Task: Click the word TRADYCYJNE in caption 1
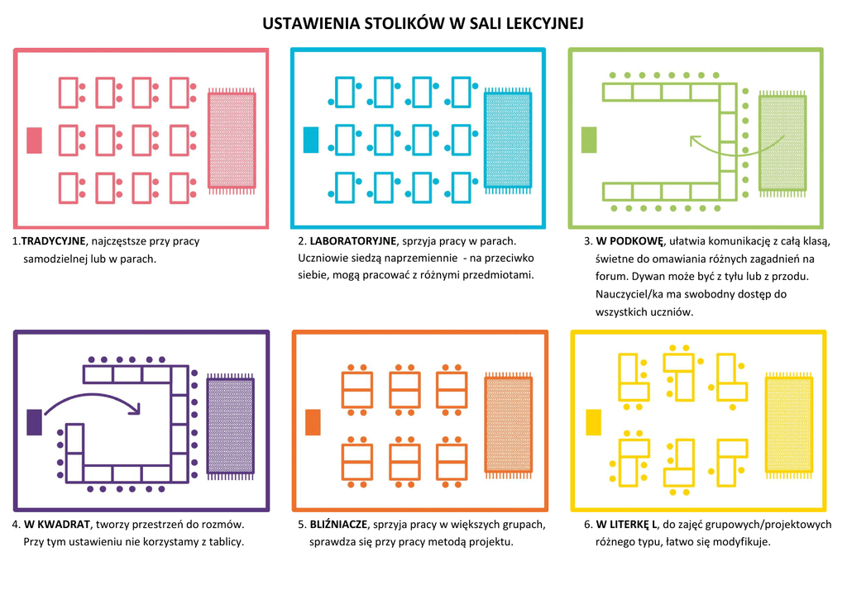tap(53, 241)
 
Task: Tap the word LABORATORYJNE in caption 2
tap(352, 240)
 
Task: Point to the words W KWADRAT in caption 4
tap(57, 524)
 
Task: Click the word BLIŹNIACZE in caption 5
tap(338, 524)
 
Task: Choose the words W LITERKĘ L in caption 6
tap(626, 524)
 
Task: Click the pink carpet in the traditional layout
tap(232, 140)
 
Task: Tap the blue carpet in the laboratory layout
tap(509, 140)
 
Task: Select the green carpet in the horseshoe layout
tap(782, 144)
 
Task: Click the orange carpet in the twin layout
tap(509, 425)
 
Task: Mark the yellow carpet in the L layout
tap(789, 425)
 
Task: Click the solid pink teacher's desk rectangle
tap(35, 140)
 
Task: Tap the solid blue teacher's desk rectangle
tap(311, 140)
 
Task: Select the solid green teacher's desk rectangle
tap(589, 140)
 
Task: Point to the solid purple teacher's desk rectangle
tap(35, 422)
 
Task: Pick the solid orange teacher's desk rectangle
tap(313, 422)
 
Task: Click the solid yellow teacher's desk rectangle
tap(594, 422)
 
